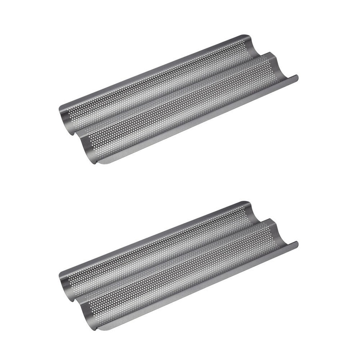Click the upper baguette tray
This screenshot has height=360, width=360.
tap(178, 100)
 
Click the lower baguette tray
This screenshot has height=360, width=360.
tap(178, 266)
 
